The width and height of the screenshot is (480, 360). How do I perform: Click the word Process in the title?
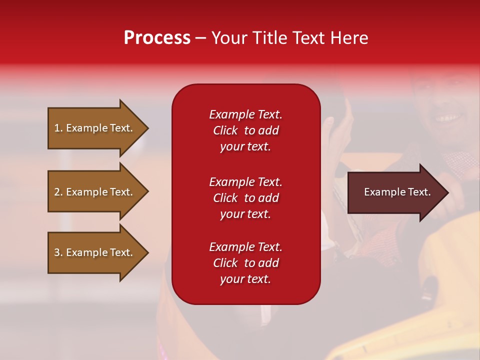157,38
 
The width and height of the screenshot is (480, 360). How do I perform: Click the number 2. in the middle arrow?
58,192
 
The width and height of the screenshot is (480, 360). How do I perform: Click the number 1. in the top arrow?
58,128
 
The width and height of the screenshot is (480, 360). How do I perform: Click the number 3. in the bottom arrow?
58,252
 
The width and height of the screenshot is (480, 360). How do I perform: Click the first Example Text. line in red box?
245,114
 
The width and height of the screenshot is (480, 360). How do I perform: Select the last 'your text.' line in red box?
245,279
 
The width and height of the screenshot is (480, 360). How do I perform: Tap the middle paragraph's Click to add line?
245,198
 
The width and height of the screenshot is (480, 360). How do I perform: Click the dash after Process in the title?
201,38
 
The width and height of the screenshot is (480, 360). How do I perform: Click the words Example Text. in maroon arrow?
397,192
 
